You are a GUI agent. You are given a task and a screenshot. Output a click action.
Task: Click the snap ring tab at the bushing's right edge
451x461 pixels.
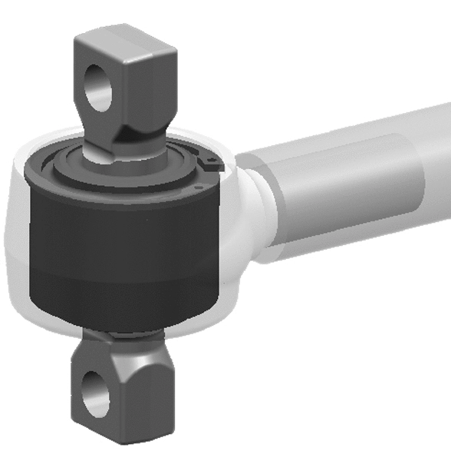pos(211,162)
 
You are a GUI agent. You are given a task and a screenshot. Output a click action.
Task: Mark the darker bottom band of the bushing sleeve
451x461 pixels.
pos(123,303)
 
